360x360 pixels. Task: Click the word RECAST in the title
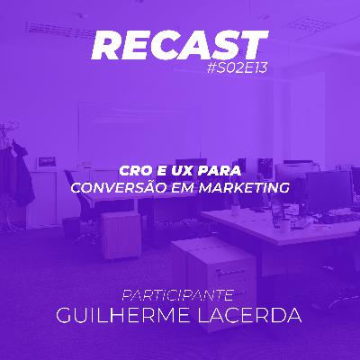180,45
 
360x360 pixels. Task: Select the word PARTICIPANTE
180,293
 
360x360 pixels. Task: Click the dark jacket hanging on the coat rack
21,175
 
